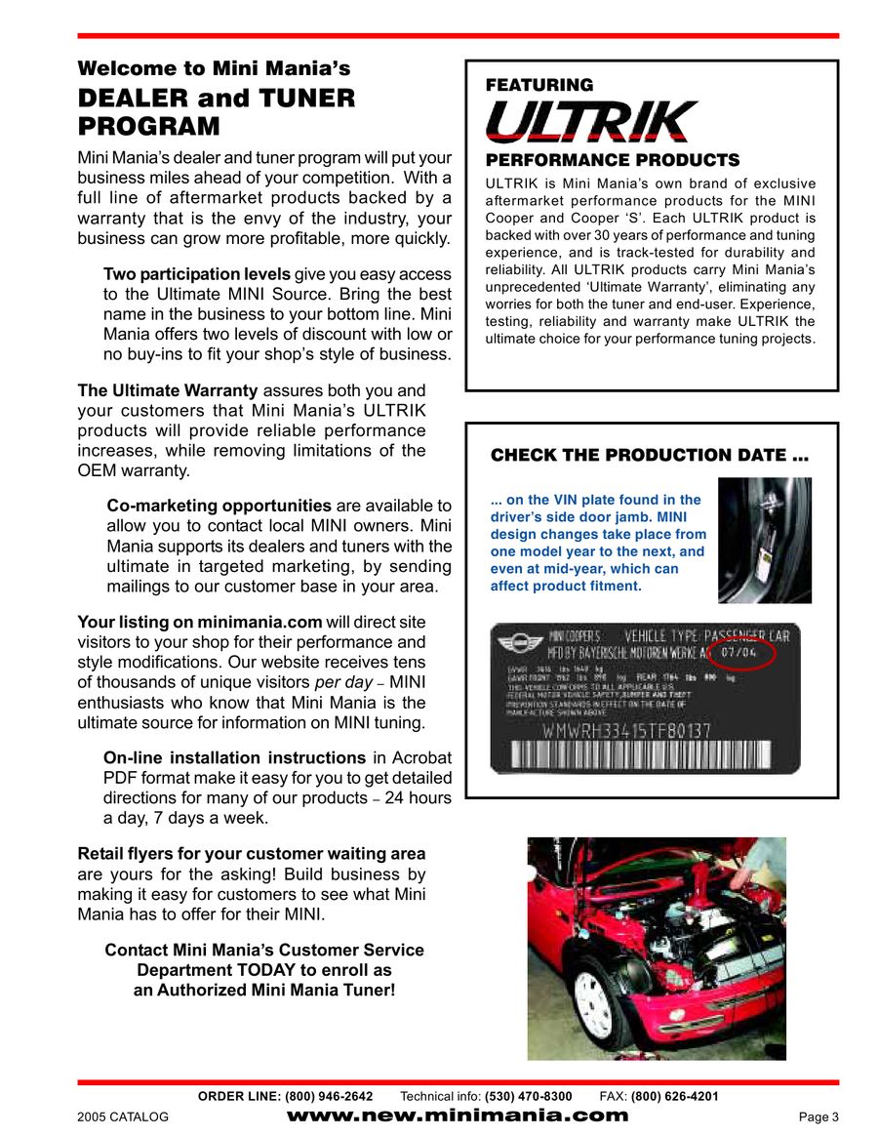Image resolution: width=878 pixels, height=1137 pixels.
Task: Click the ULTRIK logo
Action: (x=591, y=122)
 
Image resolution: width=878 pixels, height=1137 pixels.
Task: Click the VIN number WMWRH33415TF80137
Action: (x=626, y=730)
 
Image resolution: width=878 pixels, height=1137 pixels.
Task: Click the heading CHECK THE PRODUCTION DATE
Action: (x=650, y=456)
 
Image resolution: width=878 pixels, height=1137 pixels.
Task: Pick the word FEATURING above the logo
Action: (x=539, y=85)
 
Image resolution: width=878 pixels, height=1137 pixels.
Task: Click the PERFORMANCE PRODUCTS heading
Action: (x=613, y=160)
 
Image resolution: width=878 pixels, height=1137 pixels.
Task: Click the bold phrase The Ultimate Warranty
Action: (x=168, y=390)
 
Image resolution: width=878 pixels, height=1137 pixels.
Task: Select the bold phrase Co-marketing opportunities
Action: (x=219, y=506)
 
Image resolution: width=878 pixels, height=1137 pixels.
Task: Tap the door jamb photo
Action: (x=764, y=540)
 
